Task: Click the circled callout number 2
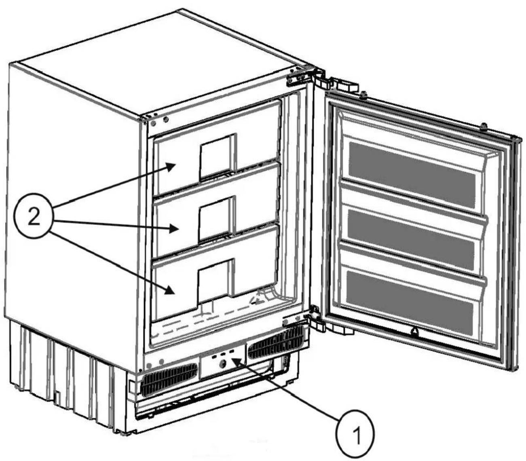coord(34,218)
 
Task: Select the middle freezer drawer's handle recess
coord(217,220)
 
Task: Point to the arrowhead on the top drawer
coord(171,167)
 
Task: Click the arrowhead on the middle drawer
coord(174,228)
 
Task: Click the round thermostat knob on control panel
coord(222,364)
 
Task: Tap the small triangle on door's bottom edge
coord(415,332)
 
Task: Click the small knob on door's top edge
coord(484,127)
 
